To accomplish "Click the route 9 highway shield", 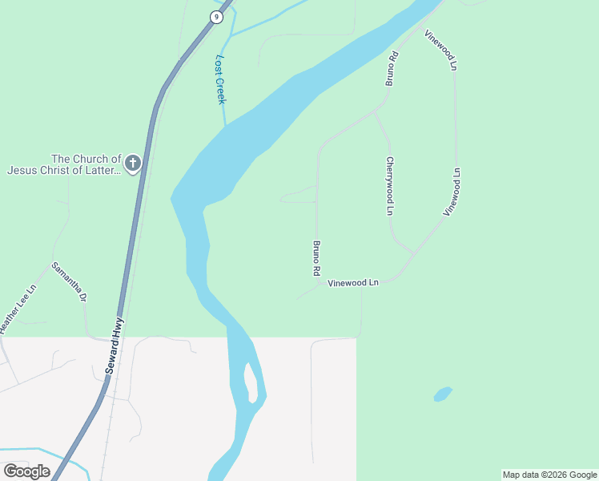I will [216, 17].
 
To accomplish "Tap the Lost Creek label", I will [221, 79].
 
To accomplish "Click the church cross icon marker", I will [133, 164].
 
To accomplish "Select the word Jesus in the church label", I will [26, 170].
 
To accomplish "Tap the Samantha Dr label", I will [69, 281].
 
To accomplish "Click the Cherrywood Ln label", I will [390, 186].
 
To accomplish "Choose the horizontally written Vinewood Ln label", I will [352, 283].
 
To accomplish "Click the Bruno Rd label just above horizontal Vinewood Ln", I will [317, 258].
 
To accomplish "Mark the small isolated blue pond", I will [442, 394].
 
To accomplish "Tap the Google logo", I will [26, 471].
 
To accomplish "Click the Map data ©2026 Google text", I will [550, 475].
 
